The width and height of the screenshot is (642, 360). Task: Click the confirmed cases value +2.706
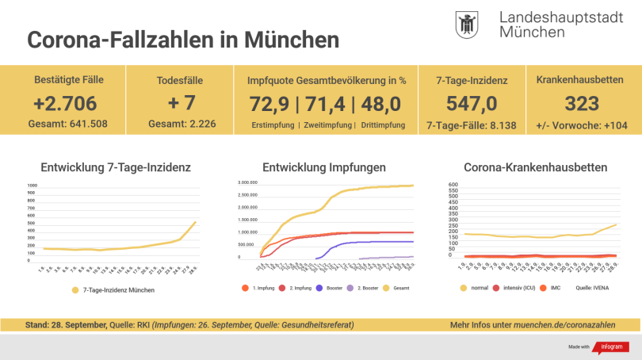[x=66, y=103]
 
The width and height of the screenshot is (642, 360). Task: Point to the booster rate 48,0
[x=380, y=104]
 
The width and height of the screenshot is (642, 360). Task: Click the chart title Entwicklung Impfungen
[x=324, y=167]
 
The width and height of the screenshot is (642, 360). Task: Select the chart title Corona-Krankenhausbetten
[x=536, y=167]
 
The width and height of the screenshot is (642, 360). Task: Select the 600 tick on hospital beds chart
[x=453, y=185]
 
